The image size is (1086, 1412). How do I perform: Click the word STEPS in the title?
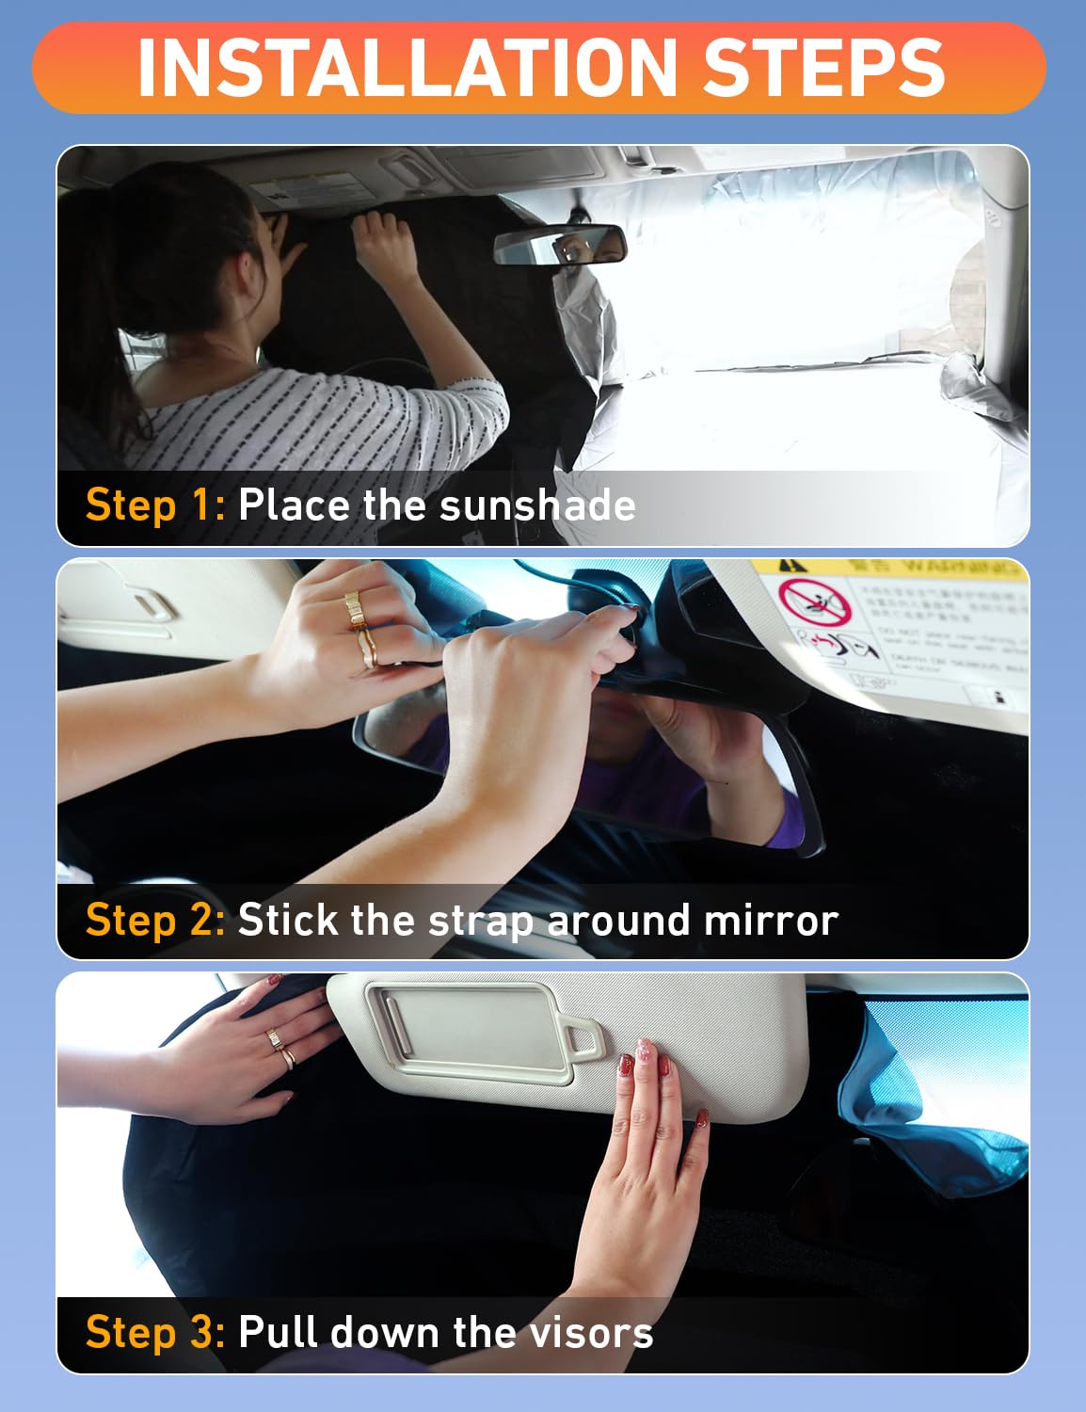click(x=823, y=68)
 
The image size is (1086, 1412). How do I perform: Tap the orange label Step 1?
click(x=154, y=505)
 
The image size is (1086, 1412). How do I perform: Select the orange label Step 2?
click(x=154, y=920)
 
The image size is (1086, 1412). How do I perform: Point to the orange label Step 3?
click(x=154, y=1332)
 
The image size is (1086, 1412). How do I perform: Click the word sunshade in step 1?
click(x=536, y=505)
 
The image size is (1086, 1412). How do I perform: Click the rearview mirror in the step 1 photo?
click(x=560, y=246)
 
